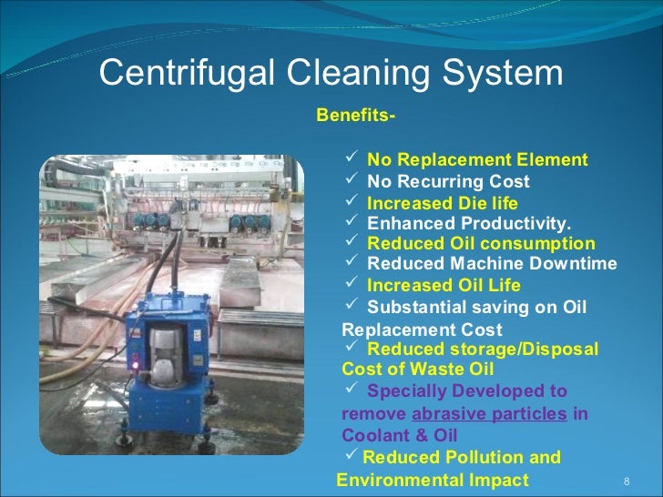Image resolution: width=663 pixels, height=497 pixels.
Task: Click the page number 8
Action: (626, 481)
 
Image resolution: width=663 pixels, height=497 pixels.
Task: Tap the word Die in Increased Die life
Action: (475, 202)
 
